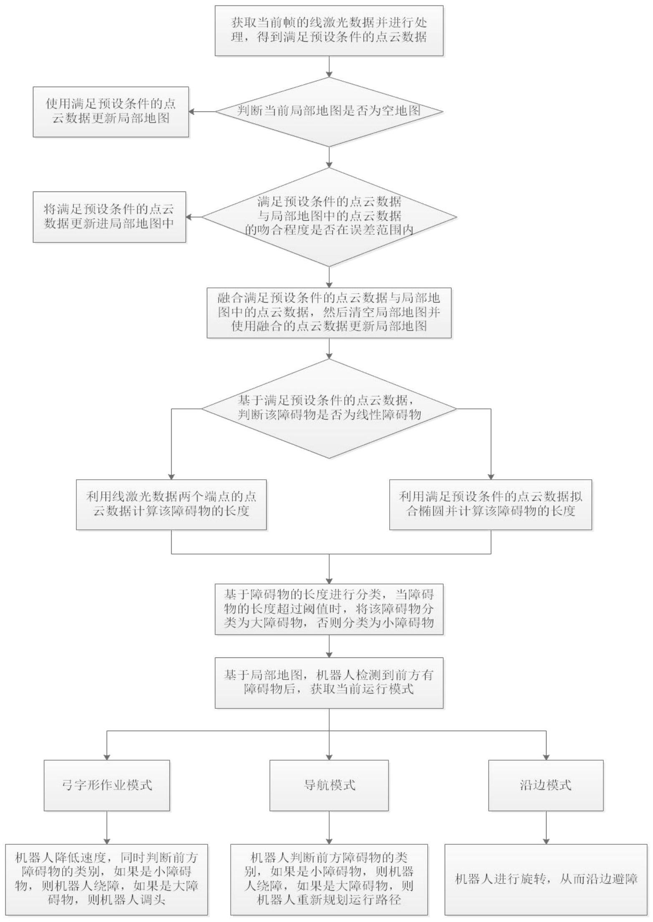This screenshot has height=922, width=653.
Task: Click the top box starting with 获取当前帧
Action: click(329, 30)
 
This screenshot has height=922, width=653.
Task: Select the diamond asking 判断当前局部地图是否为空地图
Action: click(329, 112)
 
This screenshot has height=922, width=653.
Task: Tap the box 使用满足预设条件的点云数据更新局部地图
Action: click(111, 112)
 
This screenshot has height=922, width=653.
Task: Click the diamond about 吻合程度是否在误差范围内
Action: click(329, 217)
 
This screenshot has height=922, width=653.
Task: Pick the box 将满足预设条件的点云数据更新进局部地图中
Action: click(109, 217)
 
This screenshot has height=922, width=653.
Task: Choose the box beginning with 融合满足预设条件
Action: click(329, 313)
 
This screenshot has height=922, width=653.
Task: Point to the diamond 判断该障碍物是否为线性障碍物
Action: click(329, 408)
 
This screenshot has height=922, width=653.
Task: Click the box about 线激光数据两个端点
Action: click(171, 505)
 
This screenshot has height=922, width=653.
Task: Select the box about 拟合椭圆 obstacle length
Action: click(491, 505)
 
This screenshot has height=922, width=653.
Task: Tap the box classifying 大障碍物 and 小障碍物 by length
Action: click(329, 610)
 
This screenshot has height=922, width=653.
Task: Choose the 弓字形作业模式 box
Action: click(107, 786)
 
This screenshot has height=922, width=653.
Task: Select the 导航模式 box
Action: click(329, 786)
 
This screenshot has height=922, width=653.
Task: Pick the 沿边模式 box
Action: click(546, 786)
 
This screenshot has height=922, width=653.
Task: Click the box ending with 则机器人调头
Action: click(107, 880)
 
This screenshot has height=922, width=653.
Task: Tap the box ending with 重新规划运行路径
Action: click(329, 880)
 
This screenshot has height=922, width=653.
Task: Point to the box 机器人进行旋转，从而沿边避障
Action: click(546, 880)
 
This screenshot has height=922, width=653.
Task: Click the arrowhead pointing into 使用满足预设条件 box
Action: click(192, 112)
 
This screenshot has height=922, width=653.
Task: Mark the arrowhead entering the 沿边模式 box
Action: click(546, 757)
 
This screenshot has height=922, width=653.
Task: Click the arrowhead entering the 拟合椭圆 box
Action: click(491, 476)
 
